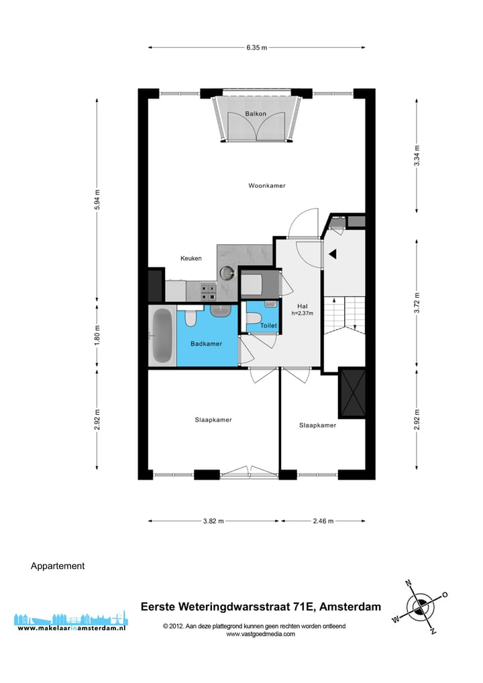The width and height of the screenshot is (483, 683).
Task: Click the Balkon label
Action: (256, 114)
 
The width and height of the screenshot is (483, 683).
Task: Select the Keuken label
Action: (191, 258)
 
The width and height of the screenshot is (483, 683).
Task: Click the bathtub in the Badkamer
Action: (162, 335)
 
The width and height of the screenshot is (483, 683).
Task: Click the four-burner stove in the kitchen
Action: (208, 291)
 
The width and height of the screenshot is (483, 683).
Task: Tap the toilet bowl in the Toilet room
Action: (254, 318)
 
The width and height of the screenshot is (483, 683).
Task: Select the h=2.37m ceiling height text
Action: (303, 313)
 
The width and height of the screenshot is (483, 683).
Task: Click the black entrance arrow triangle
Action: (332, 254)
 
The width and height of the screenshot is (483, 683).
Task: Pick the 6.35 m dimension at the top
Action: (256, 48)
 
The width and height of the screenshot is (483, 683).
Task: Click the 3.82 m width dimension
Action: (213, 521)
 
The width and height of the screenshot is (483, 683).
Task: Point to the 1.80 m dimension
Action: (97, 335)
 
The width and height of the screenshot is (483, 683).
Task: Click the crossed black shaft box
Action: (352, 392)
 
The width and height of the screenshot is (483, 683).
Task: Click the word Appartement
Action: (58, 566)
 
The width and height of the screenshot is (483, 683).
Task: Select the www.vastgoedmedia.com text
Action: (260, 634)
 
